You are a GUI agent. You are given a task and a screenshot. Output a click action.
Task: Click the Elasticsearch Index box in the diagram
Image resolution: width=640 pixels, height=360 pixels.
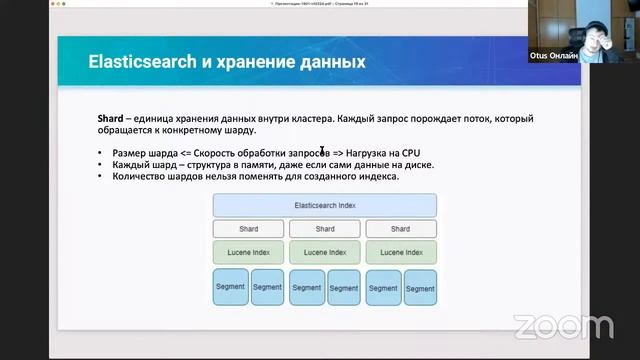(x=324, y=205)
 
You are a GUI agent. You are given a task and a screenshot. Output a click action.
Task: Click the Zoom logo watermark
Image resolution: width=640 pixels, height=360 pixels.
(x=563, y=326)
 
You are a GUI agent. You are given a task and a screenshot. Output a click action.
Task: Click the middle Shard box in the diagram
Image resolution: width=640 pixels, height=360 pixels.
(x=325, y=229)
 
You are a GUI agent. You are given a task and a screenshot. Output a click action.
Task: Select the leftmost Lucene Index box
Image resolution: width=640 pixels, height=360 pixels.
(x=248, y=253)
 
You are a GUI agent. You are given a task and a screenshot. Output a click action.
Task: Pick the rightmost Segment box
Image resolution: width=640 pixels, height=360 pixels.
(x=420, y=287)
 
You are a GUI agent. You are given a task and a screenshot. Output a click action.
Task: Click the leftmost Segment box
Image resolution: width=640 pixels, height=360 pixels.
(x=229, y=287)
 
